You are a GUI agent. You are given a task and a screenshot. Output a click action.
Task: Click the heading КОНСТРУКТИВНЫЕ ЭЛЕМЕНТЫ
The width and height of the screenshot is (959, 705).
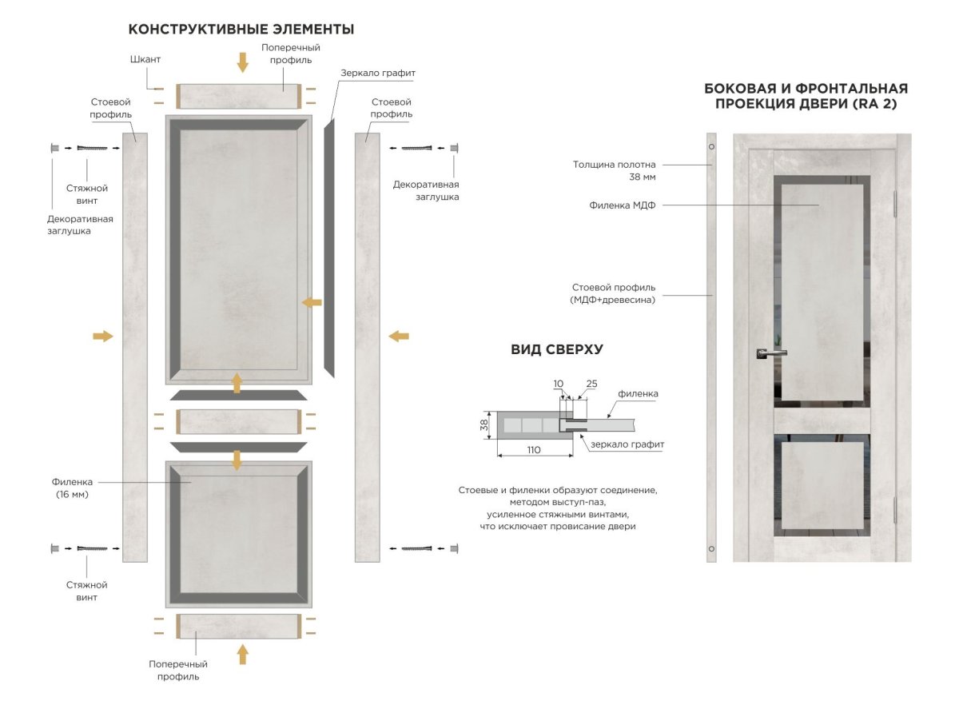pyautogui.click(x=241, y=30)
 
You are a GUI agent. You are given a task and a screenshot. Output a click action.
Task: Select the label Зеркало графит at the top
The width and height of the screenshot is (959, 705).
pyautogui.click(x=378, y=73)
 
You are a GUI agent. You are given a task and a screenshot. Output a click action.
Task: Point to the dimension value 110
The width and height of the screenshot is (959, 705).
pyautogui.click(x=534, y=450)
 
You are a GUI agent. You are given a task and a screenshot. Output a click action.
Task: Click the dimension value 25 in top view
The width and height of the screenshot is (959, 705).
pyautogui.click(x=591, y=384)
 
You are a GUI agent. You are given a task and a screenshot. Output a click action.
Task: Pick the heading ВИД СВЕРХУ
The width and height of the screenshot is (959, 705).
pyautogui.click(x=556, y=349)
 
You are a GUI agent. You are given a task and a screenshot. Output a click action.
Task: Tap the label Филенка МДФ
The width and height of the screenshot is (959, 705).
pyautogui.click(x=622, y=205)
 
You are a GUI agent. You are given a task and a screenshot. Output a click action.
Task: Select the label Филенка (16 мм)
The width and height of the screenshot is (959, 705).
pyautogui.click(x=73, y=488)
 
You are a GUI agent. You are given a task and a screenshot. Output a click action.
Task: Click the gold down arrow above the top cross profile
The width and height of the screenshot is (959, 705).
pyautogui.click(x=242, y=62)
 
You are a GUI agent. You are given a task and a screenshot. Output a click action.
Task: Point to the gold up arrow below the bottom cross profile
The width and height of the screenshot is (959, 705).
pyautogui.click(x=242, y=654)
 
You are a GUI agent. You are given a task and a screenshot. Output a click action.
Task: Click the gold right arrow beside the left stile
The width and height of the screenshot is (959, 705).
pyautogui.click(x=103, y=336)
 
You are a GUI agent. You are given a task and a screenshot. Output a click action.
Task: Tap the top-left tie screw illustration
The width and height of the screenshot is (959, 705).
pyautogui.click(x=92, y=148)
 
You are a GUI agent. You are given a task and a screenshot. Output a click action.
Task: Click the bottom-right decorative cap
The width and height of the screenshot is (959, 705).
pyautogui.click(x=454, y=548)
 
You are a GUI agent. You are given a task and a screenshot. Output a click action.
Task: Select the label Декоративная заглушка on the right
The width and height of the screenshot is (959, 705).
pyautogui.click(x=425, y=190)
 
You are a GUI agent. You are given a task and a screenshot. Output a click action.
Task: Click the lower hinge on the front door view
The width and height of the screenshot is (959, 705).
pyautogui.click(x=897, y=508)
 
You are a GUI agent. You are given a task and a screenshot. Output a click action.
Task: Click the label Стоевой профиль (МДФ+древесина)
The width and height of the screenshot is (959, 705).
pyautogui.click(x=614, y=293)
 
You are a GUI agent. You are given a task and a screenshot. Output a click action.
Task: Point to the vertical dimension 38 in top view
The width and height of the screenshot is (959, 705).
pyautogui.click(x=483, y=425)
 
